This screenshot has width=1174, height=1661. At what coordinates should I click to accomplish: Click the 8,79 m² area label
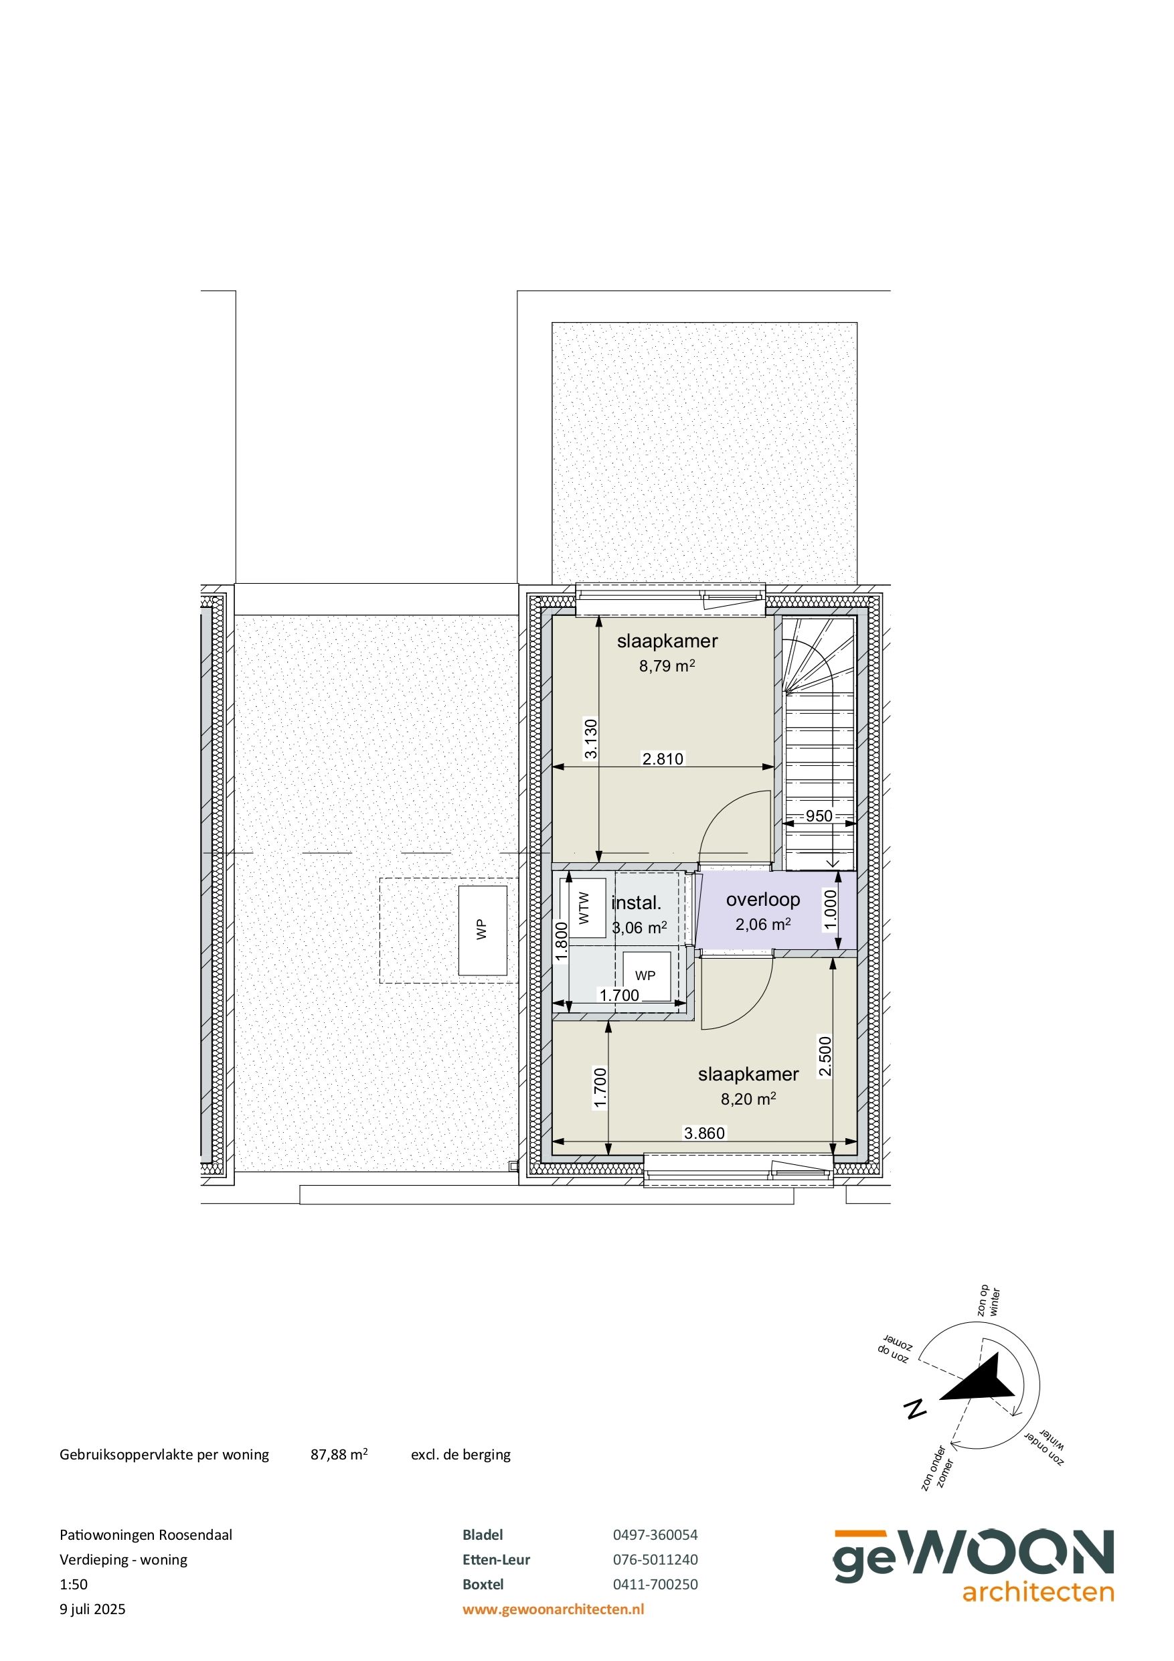[x=666, y=665]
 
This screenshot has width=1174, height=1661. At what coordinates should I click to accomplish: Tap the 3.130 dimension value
[x=591, y=738]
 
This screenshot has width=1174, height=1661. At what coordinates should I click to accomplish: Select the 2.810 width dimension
[x=663, y=759]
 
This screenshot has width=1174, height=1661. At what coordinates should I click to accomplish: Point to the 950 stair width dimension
[x=819, y=816]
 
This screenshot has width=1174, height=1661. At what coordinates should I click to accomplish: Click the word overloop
[x=762, y=899]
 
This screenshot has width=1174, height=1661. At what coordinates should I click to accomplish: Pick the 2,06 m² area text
[x=762, y=924]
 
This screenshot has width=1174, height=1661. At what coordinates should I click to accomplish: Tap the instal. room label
[x=637, y=903]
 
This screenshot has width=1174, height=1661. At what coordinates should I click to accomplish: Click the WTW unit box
[x=586, y=907]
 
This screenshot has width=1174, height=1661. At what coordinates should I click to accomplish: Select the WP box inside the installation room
[x=645, y=975]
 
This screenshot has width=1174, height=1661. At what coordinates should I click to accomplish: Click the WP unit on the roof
[x=482, y=930]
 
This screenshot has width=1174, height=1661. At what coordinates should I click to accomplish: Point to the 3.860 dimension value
[x=704, y=1133]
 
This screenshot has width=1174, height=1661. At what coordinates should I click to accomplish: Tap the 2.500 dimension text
[x=825, y=1056]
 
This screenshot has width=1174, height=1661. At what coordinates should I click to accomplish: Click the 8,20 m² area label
[x=748, y=1099]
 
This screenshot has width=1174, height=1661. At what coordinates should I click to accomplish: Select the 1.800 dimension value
[x=561, y=941]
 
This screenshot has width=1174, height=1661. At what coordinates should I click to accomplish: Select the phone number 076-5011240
[x=655, y=1560]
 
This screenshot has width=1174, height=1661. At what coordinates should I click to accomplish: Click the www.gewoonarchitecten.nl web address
[x=554, y=1609]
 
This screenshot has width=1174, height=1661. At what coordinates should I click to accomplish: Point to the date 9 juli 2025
[x=92, y=1609]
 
